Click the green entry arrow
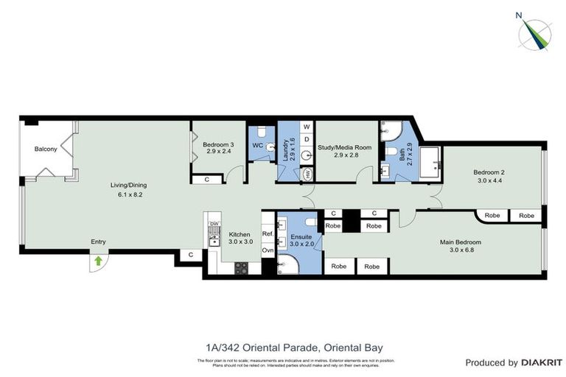pos(98,261)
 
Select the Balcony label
pos(46,149)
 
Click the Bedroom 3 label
pos(217,144)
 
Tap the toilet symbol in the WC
pos(270,146)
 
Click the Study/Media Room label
pos(344,147)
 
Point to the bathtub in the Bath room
pos(429,162)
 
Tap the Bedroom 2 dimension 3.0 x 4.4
pos(489,180)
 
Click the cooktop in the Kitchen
pos(242,268)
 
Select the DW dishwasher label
pos(214,224)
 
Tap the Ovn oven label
pos(268,250)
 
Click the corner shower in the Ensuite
pos(290,264)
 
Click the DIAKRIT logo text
pos(542,363)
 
